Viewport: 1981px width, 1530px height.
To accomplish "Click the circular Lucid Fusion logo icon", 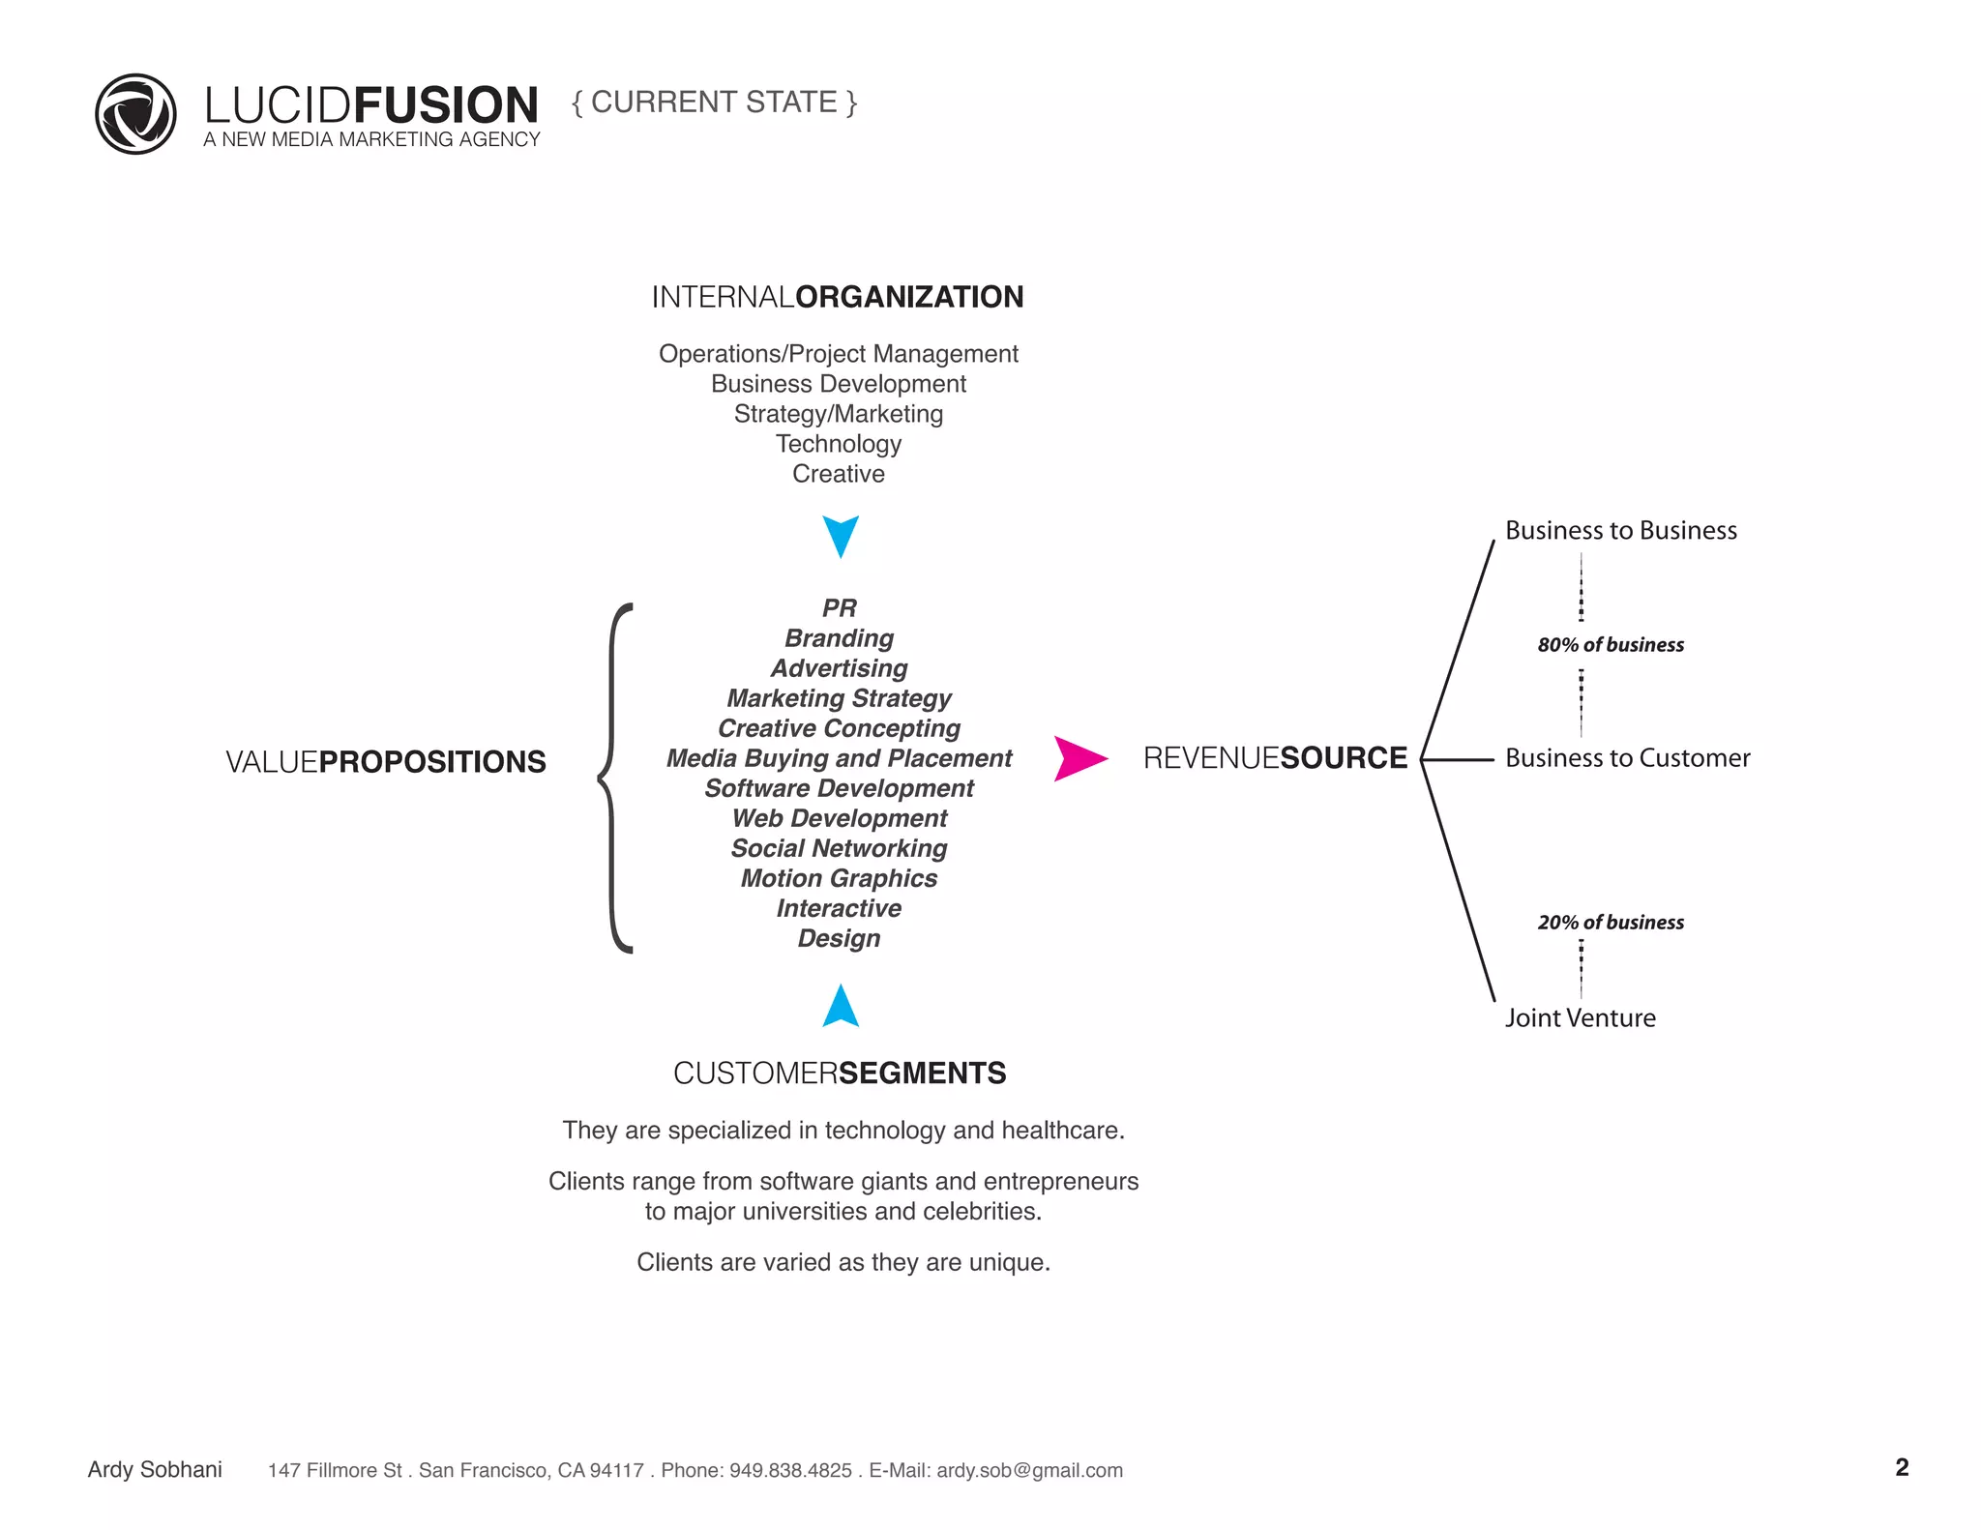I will pos(135,114).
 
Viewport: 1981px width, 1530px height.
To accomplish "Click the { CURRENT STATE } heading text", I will pos(714,103).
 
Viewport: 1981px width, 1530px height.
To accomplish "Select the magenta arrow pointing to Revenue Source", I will pos(1079,758).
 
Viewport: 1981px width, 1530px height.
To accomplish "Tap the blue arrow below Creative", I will pos(841,535).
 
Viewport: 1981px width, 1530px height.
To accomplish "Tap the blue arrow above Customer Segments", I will pos(841,1008).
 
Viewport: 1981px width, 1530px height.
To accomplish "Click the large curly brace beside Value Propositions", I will pos(614,778).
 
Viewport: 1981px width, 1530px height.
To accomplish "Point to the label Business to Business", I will pos(1620,531).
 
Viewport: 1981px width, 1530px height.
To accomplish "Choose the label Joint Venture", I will pos(1580,1018).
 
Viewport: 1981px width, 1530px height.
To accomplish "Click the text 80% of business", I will pos(1611,645).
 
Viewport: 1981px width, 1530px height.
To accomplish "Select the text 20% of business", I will pos(1611,923).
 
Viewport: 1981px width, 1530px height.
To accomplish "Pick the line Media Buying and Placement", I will pos(839,758).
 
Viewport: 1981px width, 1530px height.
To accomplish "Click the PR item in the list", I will pos(839,608).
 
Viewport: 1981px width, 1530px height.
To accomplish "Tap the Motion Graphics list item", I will pos(839,878).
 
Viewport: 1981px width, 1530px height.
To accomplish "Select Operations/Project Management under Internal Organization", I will pos(838,354).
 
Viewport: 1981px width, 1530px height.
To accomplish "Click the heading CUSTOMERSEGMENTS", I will pos(839,1074).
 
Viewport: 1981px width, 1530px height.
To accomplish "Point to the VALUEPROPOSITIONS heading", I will pos(385,762).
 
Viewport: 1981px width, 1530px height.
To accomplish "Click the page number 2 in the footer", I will pos(1902,1468).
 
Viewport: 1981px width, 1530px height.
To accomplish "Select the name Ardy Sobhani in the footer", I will pos(155,1470).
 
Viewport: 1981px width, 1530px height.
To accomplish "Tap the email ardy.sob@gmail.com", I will pos(1029,1471).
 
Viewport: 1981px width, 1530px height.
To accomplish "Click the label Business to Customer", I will pos(1627,758).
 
